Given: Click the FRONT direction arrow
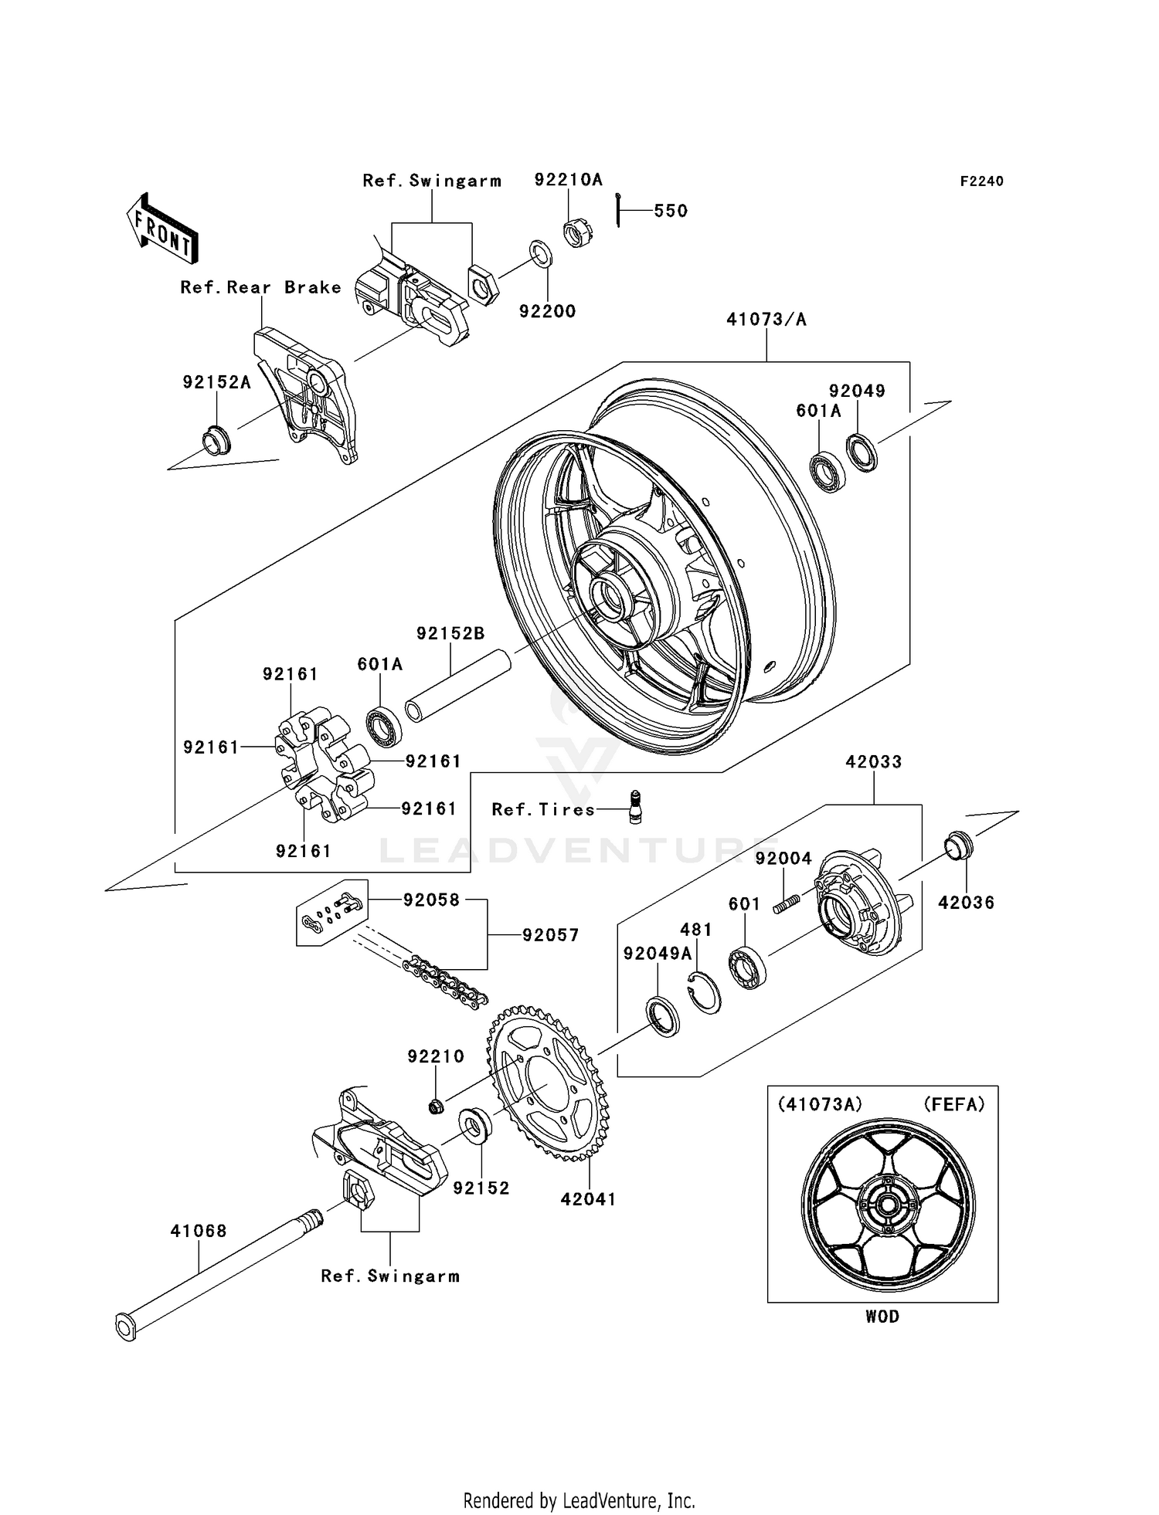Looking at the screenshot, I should pyautogui.click(x=162, y=229).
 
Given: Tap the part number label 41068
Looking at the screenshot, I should pyautogui.click(x=199, y=1231).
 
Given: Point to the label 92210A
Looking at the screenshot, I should pyautogui.click(x=568, y=180).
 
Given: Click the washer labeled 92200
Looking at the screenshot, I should pyautogui.click(x=541, y=255).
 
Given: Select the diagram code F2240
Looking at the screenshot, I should pyautogui.click(x=981, y=181).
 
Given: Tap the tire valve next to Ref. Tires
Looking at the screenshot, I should pyautogui.click(x=636, y=808).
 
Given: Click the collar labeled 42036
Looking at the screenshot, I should pyautogui.click(x=960, y=845).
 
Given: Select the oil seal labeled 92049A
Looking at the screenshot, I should pyautogui.click(x=663, y=1017).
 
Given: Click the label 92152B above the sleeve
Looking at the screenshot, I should pyautogui.click(x=450, y=633).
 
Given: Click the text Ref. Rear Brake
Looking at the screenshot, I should pyautogui.click(x=260, y=287).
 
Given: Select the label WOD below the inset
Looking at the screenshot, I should pyautogui.click(x=882, y=1317).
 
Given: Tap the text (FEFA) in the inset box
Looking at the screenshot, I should pyautogui.click(x=954, y=1105).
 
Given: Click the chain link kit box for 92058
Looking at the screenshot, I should pyautogui.click(x=331, y=912).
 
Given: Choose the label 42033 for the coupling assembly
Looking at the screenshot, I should pyautogui.click(x=873, y=761).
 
